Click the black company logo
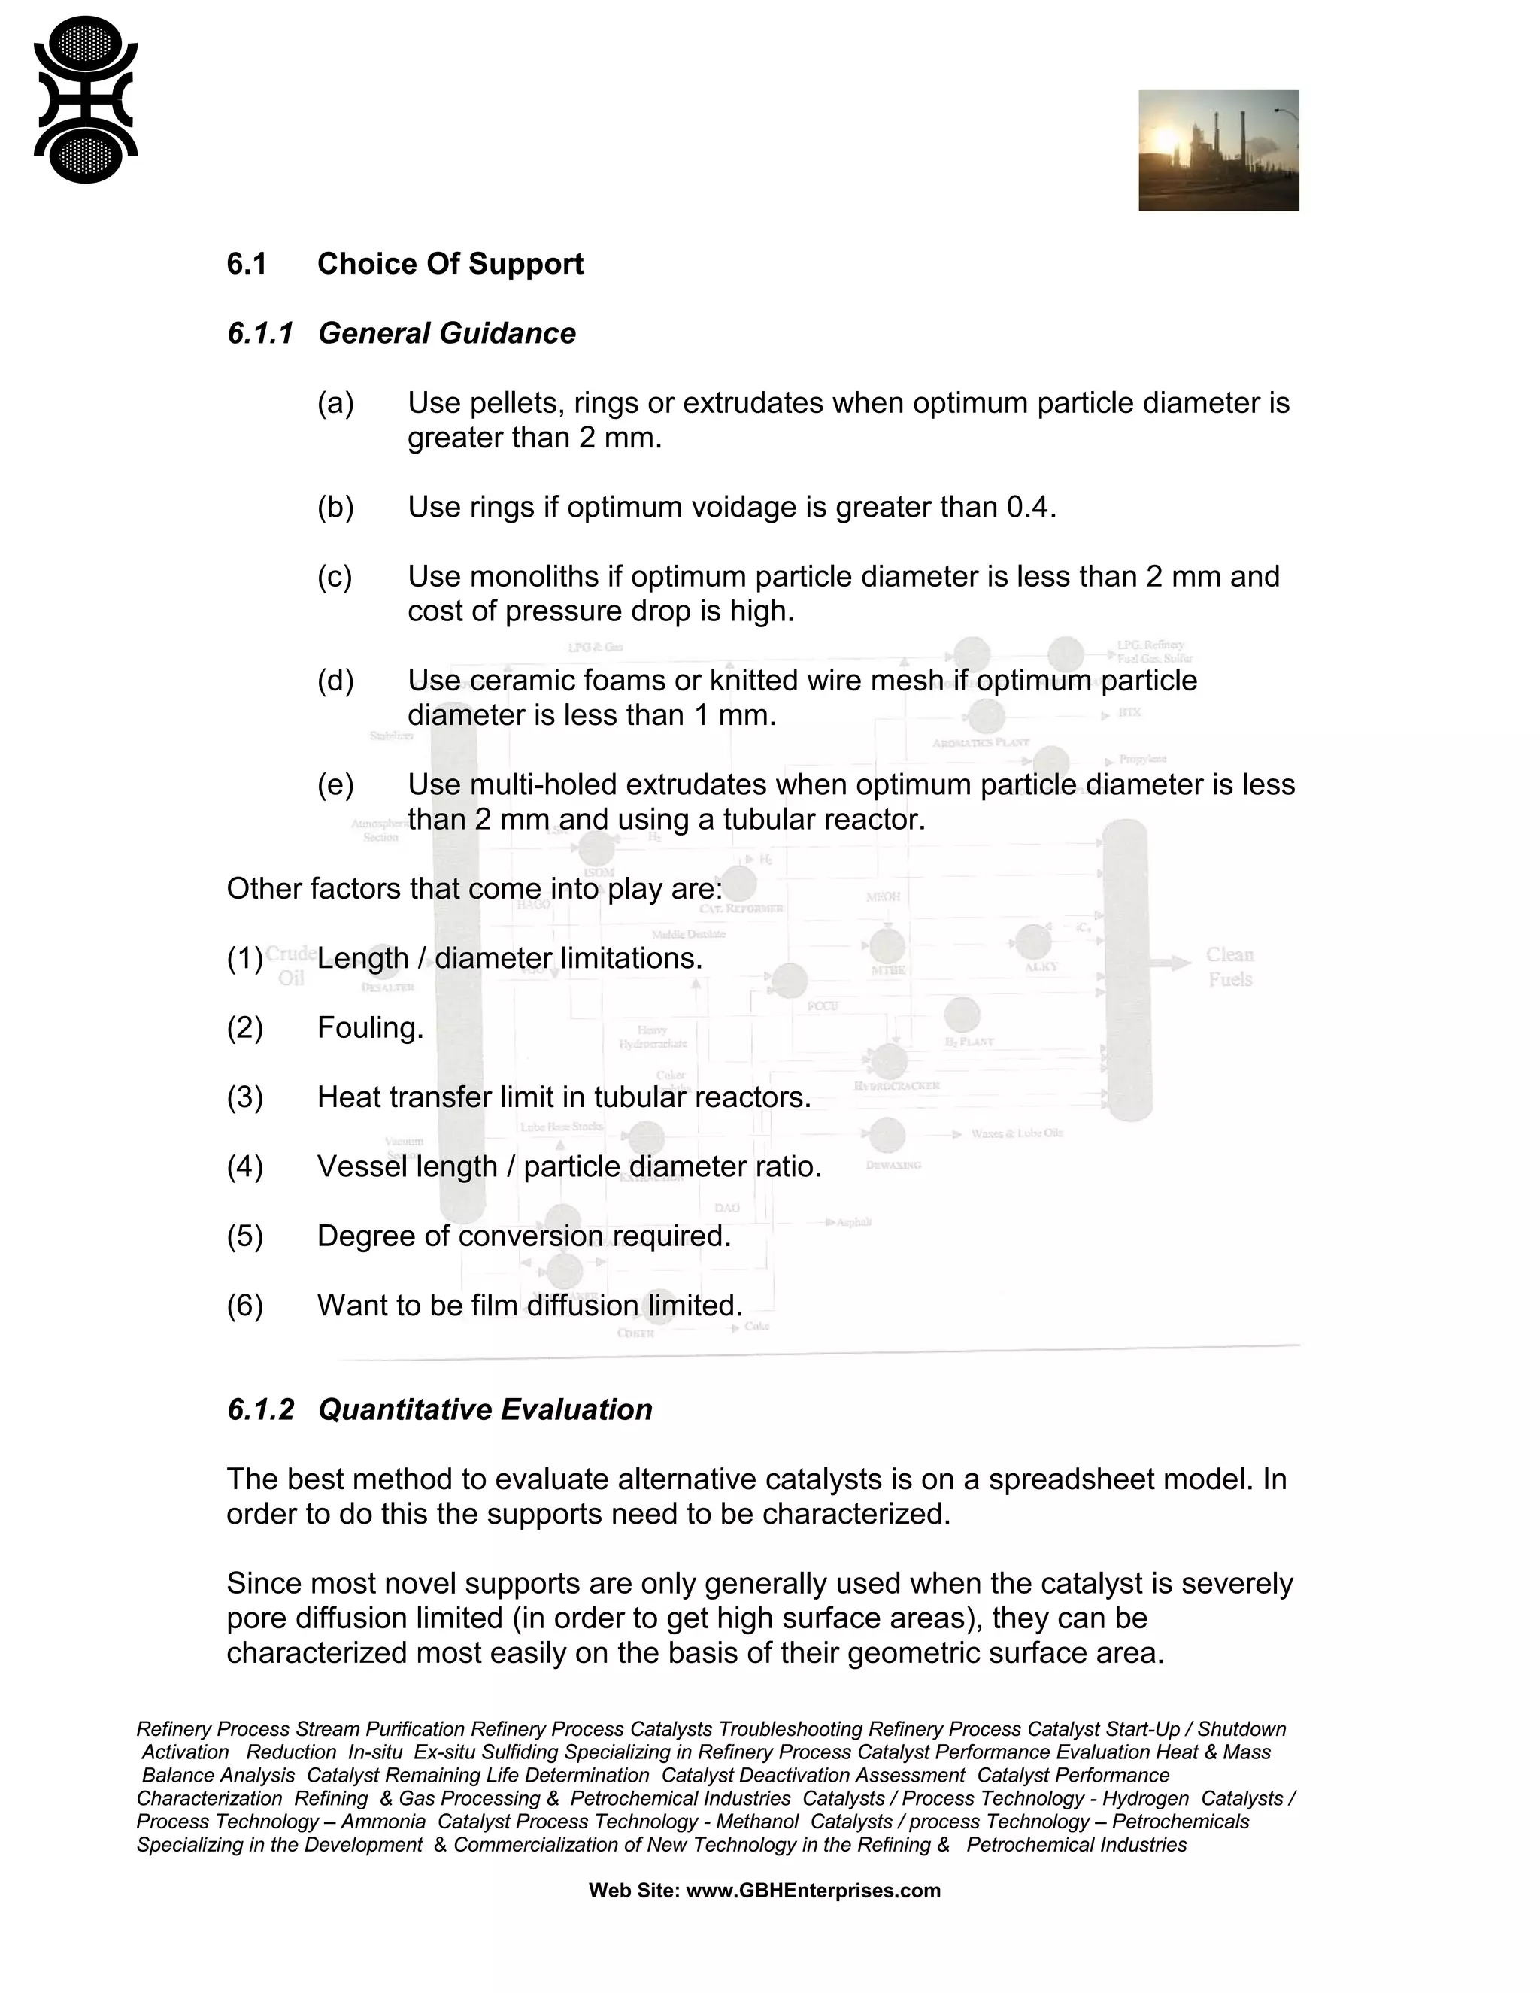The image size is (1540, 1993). pos(85,100)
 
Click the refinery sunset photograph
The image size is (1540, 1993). pos(1218,150)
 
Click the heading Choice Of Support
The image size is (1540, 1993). pos(450,264)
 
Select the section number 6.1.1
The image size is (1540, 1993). pos(260,333)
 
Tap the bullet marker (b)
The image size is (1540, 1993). pos(335,506)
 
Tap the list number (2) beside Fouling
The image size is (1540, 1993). pos(244,1027)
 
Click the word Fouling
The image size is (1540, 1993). pos(369,1027)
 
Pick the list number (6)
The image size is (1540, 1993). pos(244,1305)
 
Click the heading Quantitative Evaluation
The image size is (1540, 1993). pos(484,1410)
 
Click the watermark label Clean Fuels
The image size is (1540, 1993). pos(1229,966)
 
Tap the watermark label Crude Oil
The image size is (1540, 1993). pos(291,966)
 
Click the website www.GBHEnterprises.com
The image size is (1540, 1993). pos(812,1891)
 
